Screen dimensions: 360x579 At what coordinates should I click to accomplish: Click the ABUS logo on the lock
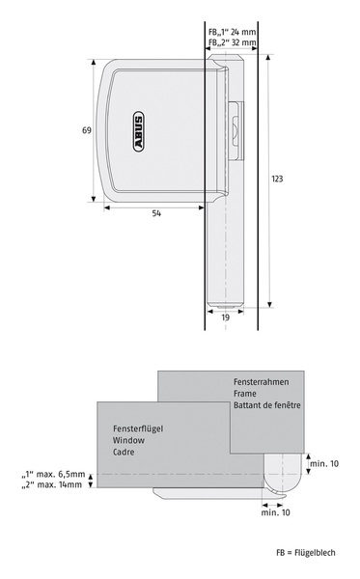pyautogui.click(x=138, y=131)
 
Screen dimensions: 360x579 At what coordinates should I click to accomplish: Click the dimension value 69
pyautogui.click(x=87, y=130)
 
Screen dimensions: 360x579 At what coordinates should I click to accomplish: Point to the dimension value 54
pyautogui.click(x=156, y=213)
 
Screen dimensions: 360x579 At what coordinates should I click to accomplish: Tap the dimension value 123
pyautogui.click(x=277, y=179)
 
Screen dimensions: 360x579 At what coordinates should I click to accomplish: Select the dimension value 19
pyautogui.click(x=225, y=317)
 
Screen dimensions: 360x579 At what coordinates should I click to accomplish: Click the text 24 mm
pyautogui.click(x=243, y=32)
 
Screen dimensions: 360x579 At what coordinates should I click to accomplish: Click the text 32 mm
pyautogui.click(x=243, y=42)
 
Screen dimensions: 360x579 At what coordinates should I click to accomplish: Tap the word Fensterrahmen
pyautogui.click(x=261, y=382)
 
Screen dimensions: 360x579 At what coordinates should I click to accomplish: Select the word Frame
pyautogui.click(x=244, y=394)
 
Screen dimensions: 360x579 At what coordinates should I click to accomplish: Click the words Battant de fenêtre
pyautogui.click(x=267, y=405)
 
